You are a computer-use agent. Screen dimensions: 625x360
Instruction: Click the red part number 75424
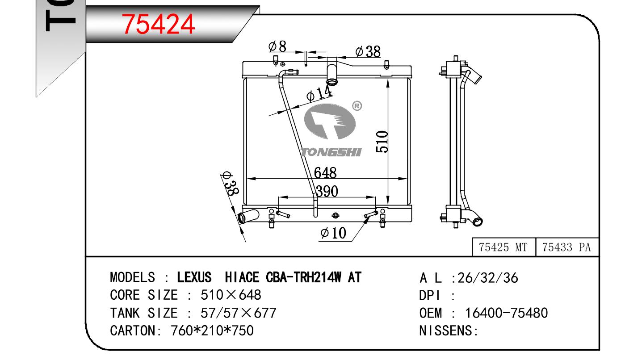[158, 25]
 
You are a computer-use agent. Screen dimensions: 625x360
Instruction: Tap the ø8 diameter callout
[277, 46]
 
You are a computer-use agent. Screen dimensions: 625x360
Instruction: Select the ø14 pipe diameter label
[319, 93]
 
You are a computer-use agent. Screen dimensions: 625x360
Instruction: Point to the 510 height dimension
[382, 142]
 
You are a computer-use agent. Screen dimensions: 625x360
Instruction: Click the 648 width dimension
[325, 172]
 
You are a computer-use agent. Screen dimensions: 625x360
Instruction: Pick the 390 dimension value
[327, 191]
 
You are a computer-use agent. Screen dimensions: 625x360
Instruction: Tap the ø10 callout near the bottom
[333, 233]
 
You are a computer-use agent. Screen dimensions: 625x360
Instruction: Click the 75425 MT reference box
[504, 247]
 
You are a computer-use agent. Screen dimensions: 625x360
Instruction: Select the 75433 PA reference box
[567, 247]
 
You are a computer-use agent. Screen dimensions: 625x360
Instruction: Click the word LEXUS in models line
[194, 277]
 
